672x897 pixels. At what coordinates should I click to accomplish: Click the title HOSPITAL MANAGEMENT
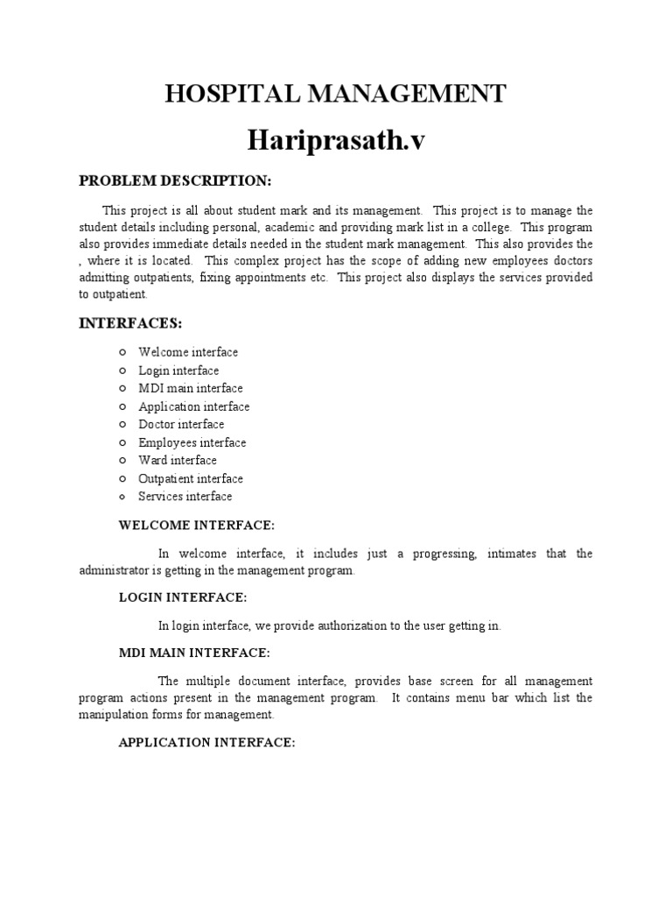(335, 93)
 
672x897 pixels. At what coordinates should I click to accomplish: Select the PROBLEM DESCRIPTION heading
(176, 180)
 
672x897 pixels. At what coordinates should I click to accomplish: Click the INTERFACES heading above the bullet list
(130, 323)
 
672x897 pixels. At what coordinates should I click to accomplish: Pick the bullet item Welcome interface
(188, 352)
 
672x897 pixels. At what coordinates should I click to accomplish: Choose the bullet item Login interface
(178, 371)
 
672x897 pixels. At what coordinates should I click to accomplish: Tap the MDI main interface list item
(191, 388)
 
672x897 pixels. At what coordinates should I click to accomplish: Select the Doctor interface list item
(181, 424)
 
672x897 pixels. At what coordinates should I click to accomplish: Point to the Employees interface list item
(192, 442)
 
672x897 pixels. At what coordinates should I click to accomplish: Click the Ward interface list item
(178, 460)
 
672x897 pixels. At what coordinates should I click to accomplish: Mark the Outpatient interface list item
(191, 478)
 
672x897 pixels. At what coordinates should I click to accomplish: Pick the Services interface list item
(185, 497)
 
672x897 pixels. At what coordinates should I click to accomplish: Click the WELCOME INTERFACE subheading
(197, 526)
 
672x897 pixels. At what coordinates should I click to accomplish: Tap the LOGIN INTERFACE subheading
(183, 597)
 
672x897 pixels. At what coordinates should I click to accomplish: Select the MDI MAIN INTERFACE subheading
(194, 653)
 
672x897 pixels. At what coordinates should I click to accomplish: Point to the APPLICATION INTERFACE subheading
(207, 743)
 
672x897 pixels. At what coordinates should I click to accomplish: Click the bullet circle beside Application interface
(123, 406)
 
